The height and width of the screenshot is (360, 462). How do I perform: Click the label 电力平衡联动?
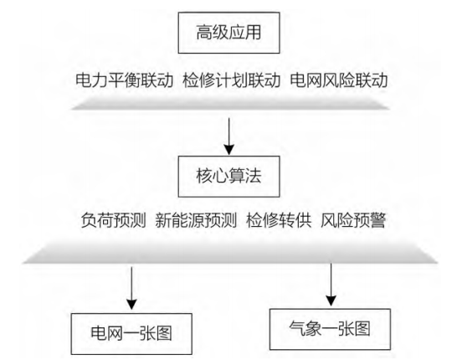125,80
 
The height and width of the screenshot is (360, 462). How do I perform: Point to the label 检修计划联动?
232,80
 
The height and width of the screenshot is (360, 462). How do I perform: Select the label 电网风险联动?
339,80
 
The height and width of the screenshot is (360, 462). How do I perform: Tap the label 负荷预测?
114,220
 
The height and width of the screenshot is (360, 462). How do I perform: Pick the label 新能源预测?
196,220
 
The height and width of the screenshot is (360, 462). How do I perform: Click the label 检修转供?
279,220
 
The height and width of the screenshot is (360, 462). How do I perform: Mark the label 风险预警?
353,220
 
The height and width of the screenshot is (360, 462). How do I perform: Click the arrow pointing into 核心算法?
229,136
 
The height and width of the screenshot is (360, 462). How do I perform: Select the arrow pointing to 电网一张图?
131,288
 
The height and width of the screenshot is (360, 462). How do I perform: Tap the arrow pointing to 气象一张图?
331,285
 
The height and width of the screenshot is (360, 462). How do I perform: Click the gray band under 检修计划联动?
231,103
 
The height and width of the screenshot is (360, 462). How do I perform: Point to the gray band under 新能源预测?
230,253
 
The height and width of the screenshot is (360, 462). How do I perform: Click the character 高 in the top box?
204,32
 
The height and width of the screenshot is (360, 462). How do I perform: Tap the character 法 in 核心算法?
254,176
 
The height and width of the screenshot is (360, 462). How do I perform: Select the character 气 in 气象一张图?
297,328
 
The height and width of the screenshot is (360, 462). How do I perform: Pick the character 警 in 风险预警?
377,220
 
